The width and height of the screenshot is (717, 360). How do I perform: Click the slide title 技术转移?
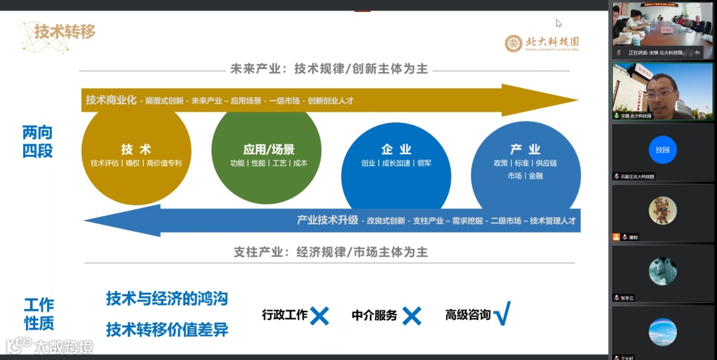[65, 31]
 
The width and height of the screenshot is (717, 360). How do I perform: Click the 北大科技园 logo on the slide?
[541, 43]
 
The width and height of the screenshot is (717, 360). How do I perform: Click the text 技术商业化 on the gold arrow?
[111, 100]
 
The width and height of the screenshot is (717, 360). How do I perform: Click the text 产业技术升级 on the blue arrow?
[327, 221]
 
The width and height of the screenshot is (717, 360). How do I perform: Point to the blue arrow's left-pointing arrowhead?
[106, 221]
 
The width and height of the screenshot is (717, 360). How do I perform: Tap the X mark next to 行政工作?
[319, 315]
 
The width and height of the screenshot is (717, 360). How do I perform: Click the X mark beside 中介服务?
[412, 315]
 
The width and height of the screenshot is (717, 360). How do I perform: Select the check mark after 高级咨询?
[502, 313]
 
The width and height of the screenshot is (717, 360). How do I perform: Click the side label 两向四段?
[37, 141]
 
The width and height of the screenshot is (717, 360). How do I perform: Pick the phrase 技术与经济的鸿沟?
[167, 299]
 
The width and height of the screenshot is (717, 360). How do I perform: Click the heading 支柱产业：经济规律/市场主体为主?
[331, 252]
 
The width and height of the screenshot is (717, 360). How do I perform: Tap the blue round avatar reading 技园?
[663, 149]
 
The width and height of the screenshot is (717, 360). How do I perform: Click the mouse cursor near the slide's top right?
[558, 23]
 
